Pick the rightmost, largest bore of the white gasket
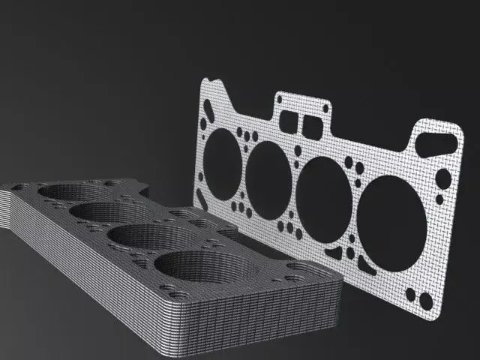(394, 220)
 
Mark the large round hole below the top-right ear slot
(444, 179)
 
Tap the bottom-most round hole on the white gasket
(426, 301)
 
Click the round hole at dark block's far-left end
(22, 187)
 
